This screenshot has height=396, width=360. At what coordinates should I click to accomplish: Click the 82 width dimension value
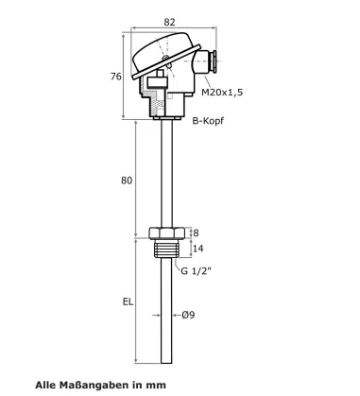[x=169, y=22]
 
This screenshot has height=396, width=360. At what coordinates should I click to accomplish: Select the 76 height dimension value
[x=116, y=77]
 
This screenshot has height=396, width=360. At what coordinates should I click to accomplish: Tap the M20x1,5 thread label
[x=222, y=93]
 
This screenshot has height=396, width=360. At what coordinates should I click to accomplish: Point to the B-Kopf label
[x=208, y=121]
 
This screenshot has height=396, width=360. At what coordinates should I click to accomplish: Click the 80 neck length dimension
[x=127, y=181]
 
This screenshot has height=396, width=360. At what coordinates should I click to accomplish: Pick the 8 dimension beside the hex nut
[x=196, y=232]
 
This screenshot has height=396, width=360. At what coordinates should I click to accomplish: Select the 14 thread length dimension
[x=197, y=249]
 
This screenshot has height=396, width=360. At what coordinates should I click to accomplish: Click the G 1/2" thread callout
[x=196, y=270]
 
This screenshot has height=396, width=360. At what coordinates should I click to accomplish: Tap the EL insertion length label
[x=128, y=301]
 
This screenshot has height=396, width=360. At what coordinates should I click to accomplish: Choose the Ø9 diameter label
[x=188, y=315]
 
